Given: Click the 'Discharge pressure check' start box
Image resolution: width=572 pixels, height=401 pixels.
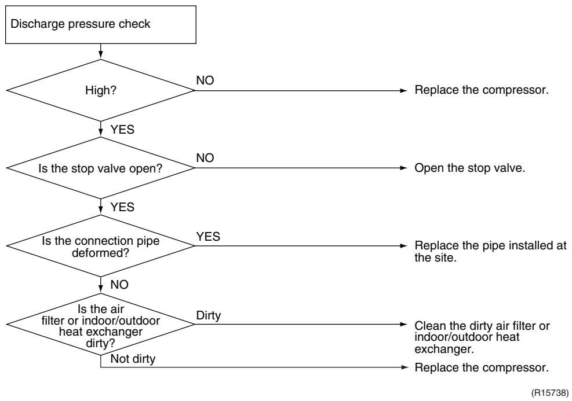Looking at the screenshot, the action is click(x=101, y=25).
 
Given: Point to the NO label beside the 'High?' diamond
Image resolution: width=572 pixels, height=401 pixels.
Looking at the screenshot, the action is click(x=205, y=80).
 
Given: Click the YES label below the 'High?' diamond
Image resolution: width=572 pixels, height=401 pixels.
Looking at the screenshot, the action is click(x=122, y=129).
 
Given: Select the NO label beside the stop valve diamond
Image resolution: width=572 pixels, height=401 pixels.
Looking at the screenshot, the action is click(x=205, y=158).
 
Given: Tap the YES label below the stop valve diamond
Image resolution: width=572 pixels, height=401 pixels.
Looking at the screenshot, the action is click(x=122, y=207).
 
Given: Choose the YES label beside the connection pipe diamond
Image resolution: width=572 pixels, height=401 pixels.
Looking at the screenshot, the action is click(x=208, y=236).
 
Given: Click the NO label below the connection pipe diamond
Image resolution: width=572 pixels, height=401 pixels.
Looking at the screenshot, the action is click(x=119, y=285).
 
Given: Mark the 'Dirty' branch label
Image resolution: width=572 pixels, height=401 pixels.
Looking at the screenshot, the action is click(x=208, y=315).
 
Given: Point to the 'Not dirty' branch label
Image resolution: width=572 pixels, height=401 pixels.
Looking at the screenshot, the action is click(x=133, y=359).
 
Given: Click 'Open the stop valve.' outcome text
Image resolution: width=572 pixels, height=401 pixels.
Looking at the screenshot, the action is click(x=470, y=168).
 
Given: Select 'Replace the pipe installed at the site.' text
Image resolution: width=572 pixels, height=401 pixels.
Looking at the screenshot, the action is click(x=490, y=252).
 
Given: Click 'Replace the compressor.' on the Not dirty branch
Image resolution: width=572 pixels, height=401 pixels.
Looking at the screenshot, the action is click(x=482, y=367).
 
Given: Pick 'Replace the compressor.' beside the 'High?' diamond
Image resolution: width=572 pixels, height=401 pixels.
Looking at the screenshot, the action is click(x=482, y=90).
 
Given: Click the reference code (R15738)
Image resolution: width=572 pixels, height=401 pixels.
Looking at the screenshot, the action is click(x=550, y=393).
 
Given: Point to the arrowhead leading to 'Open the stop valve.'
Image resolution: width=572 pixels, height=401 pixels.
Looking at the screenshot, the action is click(x=403, y=168).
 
